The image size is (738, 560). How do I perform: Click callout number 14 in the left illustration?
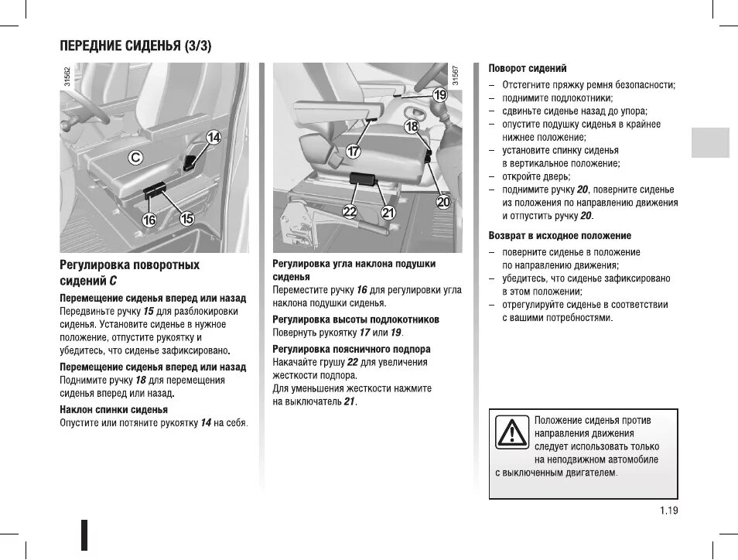[213, 138]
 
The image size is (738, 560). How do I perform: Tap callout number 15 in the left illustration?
[186, 219]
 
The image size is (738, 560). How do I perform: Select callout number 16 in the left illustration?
[149, 220]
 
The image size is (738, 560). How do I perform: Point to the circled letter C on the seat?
[135, 158]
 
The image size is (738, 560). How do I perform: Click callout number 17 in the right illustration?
[353, 152]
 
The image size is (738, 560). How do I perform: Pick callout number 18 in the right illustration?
[412, 125]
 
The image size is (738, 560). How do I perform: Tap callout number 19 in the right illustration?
[439, 95]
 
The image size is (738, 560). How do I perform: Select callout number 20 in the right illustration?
[442, 203]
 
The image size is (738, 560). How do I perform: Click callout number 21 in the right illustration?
[388, 212]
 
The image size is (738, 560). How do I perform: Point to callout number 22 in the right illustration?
[350, 212]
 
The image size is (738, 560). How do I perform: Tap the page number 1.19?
[669, 510]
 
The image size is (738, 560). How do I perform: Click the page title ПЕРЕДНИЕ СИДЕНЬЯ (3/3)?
[136, 46]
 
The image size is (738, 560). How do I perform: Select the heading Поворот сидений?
[528, 69]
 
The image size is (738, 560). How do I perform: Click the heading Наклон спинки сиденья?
[114, 409]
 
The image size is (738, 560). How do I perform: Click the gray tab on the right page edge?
[710, 142]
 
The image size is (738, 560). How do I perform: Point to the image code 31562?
[67, 78]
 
